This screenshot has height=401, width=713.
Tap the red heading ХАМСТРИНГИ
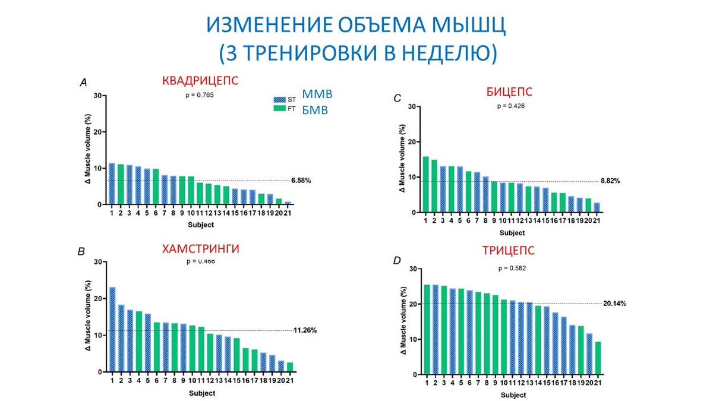pos(200,250)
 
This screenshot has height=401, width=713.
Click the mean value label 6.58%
pos(301,180)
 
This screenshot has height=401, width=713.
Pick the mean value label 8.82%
pos(610,181)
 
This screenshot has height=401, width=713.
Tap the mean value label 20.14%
pos(614,303)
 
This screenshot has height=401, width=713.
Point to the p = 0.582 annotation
pos(511,268)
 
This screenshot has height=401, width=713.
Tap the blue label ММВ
pos(317,94)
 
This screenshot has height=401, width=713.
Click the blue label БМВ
pos(316,110)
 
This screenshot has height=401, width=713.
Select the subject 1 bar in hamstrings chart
pos(112,329)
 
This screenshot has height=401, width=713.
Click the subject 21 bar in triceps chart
pos(597,358)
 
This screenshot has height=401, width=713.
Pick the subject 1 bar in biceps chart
pos(425,184)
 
